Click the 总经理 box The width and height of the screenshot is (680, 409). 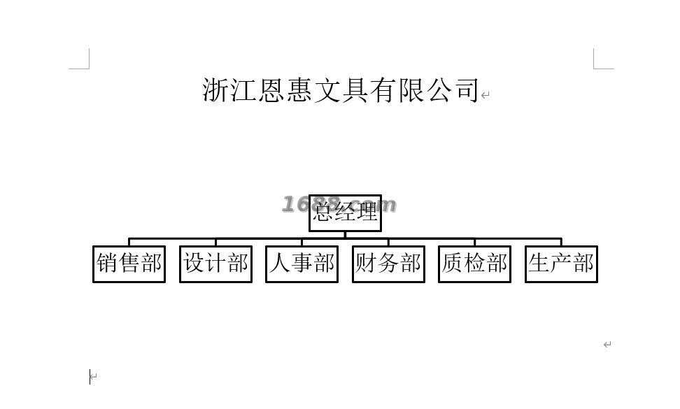pyautogui.click(x=345, y=213)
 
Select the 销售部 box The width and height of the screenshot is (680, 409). pyautogui.click(x=129, y=264)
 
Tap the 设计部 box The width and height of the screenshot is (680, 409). pyautogui.click(x=215, y=264)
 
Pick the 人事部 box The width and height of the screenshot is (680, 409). pyautogui.click(x=302, y=264)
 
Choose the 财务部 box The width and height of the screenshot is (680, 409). pyautogui.click(x=388, y=264)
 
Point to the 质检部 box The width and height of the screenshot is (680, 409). pyautogui.click(x=474, y=264)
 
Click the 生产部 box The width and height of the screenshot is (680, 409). pyautogui.click(x=561, y=264)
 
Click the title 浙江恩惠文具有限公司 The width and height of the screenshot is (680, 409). pyautogui.click(x=341, y=90)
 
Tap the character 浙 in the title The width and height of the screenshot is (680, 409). pyautogui.click(x=215, y=90)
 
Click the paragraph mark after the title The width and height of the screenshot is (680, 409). pyautogui.click(x=486, y=95)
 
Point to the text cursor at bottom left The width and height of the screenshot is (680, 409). pyautogui.click(x=90, y=377)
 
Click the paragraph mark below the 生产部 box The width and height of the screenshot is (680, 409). pyautogui.click(x=607, y=344)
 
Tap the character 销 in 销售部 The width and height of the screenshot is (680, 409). pyautogui.click(x=107, y=264)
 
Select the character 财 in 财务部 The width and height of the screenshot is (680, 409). pyautogui.click(x=367, y=264)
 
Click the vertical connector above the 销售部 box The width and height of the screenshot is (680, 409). pyautogui.click(x=129, y=242)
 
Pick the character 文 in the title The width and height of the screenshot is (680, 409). pyautogui.click(x=327, y=90)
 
